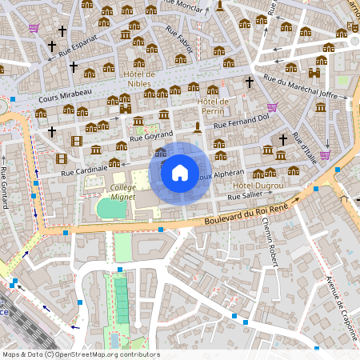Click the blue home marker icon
(x=180, y=172)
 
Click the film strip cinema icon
(x=76, y=142)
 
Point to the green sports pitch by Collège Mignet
(x=111, y=208)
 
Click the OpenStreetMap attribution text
(x=80, y=354)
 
